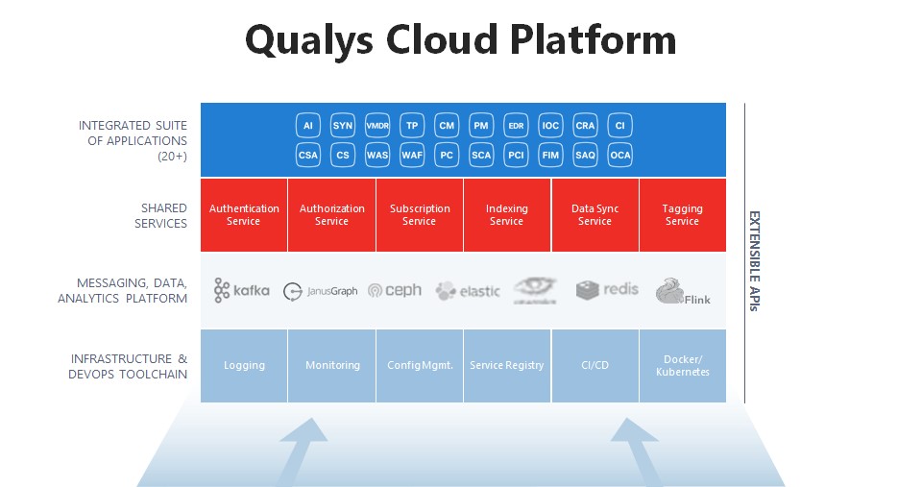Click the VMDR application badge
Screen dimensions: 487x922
coord(377,126)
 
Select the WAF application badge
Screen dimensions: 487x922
coord(412,154)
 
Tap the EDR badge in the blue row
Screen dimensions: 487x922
coord(516,126)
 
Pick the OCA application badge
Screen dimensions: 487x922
coord(620,154)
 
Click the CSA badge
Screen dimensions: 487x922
coord(308,154)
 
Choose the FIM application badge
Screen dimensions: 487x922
coord(550,154)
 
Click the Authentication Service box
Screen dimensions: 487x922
coord(244,214)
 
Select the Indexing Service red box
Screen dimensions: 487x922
coord(506,214)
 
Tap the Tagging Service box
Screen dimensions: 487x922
coord(682,214)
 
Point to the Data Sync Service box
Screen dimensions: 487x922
coord(594,214)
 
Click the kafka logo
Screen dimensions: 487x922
coord(242,290)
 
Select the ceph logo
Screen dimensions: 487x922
coord(395,290)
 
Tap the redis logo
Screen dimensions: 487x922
coord(607,289)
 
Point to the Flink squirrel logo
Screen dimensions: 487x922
coord(682,291)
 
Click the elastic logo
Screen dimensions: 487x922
coord(468,290)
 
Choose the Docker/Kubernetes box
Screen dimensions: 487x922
coord(682,365)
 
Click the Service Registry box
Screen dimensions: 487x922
coord(506,365)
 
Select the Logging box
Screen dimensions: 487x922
coord(244,365)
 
